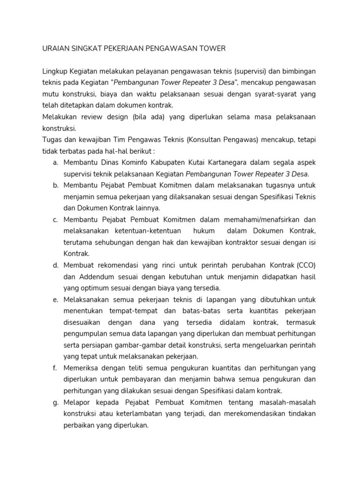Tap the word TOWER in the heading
point(213,48)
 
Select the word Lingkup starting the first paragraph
point(55,71)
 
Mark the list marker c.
point(55,219)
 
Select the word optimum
point(97,288)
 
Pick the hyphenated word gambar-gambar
point(131,345)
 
